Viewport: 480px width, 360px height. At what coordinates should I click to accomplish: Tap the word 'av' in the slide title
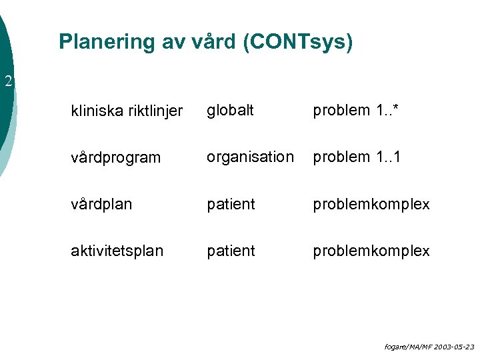coord(173,42)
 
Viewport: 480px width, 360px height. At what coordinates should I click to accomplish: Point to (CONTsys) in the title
coord(297,42)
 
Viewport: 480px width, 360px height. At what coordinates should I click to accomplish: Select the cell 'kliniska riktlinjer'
coord(127,111)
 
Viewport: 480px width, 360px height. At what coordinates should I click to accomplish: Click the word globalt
coord(230,110)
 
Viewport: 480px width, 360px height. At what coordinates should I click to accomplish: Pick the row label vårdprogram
coord(116,158)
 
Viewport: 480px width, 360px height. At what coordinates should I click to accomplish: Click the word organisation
coord(250,157)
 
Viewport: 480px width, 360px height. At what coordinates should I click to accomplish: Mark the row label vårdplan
coord(101,204)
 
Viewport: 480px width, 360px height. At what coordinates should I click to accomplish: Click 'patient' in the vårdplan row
coord(231,204)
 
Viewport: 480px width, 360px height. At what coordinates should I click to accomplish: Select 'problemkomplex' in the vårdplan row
coord(371,204)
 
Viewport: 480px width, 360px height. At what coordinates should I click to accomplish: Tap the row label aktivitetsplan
coord(117,251)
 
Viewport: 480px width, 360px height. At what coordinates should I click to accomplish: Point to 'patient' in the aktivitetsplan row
coord(231,251)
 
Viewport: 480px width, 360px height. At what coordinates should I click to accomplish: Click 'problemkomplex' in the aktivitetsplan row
coord(371,251)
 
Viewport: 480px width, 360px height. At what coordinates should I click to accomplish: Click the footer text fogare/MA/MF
coord(407,347)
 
